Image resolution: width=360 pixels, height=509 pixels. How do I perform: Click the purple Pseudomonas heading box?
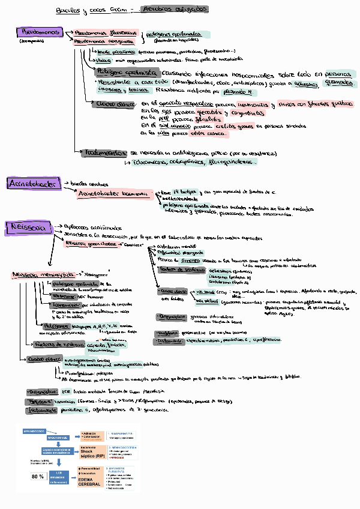(37, 32)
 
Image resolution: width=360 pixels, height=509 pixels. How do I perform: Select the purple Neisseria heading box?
(26, 227)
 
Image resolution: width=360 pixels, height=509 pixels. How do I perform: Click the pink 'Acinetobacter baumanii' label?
(114, 194)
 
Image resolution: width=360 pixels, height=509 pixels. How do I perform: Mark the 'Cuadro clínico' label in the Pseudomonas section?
(114, 104)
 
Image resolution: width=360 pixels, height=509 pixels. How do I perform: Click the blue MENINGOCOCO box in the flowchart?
(37, 431)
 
